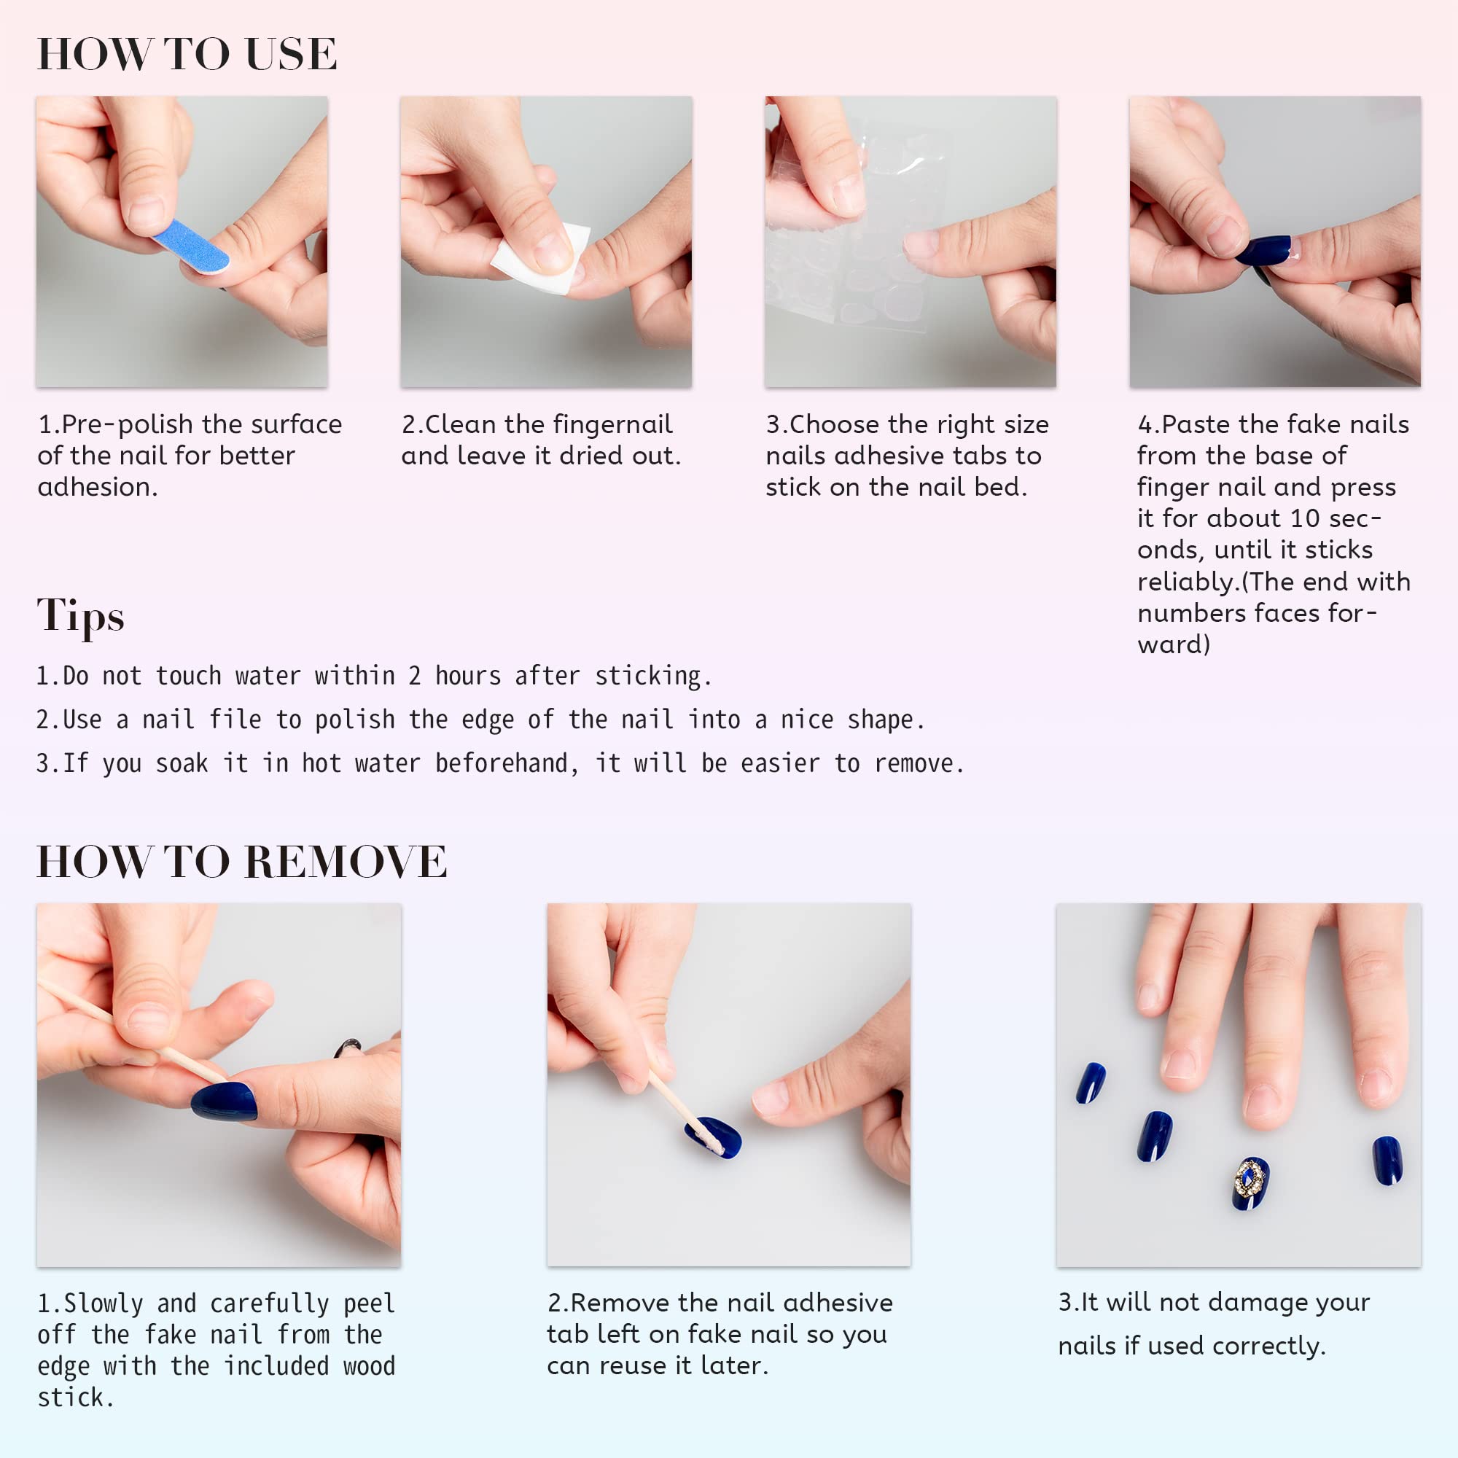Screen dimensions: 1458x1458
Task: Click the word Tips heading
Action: click(x=81, y=616)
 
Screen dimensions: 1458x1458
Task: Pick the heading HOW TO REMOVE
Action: click(x=241, y=862)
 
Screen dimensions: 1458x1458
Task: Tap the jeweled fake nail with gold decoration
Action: click(x=1250, y=1182)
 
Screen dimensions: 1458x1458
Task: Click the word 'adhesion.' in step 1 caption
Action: click(x=98, y=488)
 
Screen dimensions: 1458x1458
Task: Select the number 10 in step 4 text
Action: click(x=1305, y=518)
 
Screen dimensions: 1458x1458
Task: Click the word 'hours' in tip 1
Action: click(x=468, y=676)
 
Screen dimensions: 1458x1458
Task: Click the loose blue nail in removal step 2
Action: click(x=712, y=1137)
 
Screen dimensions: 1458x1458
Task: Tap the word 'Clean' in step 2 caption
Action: click(x=461, y=424)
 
